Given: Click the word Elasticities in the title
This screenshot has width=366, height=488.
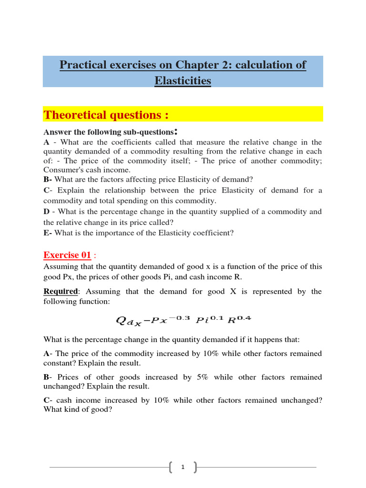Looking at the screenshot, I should point(183,81).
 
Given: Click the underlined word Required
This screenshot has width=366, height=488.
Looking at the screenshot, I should point(61,291).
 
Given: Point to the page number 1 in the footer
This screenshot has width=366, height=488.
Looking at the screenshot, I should point(183,468).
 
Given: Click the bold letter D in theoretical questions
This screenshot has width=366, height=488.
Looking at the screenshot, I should point(46,211).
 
